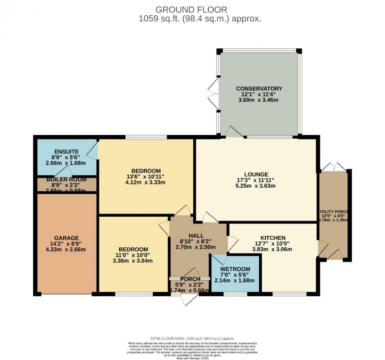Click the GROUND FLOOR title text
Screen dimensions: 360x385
coord(192,9)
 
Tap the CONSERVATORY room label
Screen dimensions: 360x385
coord(259,88)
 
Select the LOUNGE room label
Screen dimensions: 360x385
coord(256,174)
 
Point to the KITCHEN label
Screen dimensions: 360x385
coord(273,238)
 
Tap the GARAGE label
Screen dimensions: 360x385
coord(66,238)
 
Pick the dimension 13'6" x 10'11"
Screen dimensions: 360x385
coord(146,177)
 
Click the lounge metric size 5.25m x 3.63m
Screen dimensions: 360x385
coord(256,186)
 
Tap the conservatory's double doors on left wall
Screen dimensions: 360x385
coord(214,93)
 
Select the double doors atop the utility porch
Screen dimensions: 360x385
coord(334,166)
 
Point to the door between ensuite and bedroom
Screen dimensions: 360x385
coord(93,152)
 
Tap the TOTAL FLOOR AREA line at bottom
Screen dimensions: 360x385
coord(192,338)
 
